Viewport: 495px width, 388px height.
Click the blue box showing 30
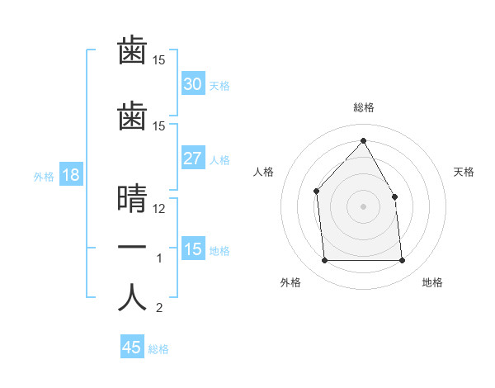click(192, 84)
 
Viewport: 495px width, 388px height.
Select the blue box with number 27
click(192, 159)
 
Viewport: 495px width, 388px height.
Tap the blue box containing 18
click(70, 174)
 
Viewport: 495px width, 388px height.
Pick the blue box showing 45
click(132, 348)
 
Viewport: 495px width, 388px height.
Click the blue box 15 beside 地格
click(192, 249)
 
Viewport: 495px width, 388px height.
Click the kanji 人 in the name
click(132, 297)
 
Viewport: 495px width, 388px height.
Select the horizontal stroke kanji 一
click(132, 248)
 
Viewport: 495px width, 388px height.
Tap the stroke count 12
click(160, 208)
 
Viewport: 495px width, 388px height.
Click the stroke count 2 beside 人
click(159, 309)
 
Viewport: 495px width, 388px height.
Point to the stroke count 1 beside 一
click(159, 259)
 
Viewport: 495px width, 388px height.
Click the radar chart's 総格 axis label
click(363, 107)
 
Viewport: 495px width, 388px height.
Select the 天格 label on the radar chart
click(464, 172)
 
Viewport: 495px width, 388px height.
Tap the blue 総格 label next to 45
click(158, 349)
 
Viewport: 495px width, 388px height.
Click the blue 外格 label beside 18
click(43, 176)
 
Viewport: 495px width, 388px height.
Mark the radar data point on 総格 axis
click(363, 141)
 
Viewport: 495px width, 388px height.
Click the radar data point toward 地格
click(402, 261)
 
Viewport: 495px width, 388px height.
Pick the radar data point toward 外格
click(324, 261)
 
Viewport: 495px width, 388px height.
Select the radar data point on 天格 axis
click(394, 196)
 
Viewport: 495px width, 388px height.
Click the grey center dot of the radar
click(363, 206)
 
